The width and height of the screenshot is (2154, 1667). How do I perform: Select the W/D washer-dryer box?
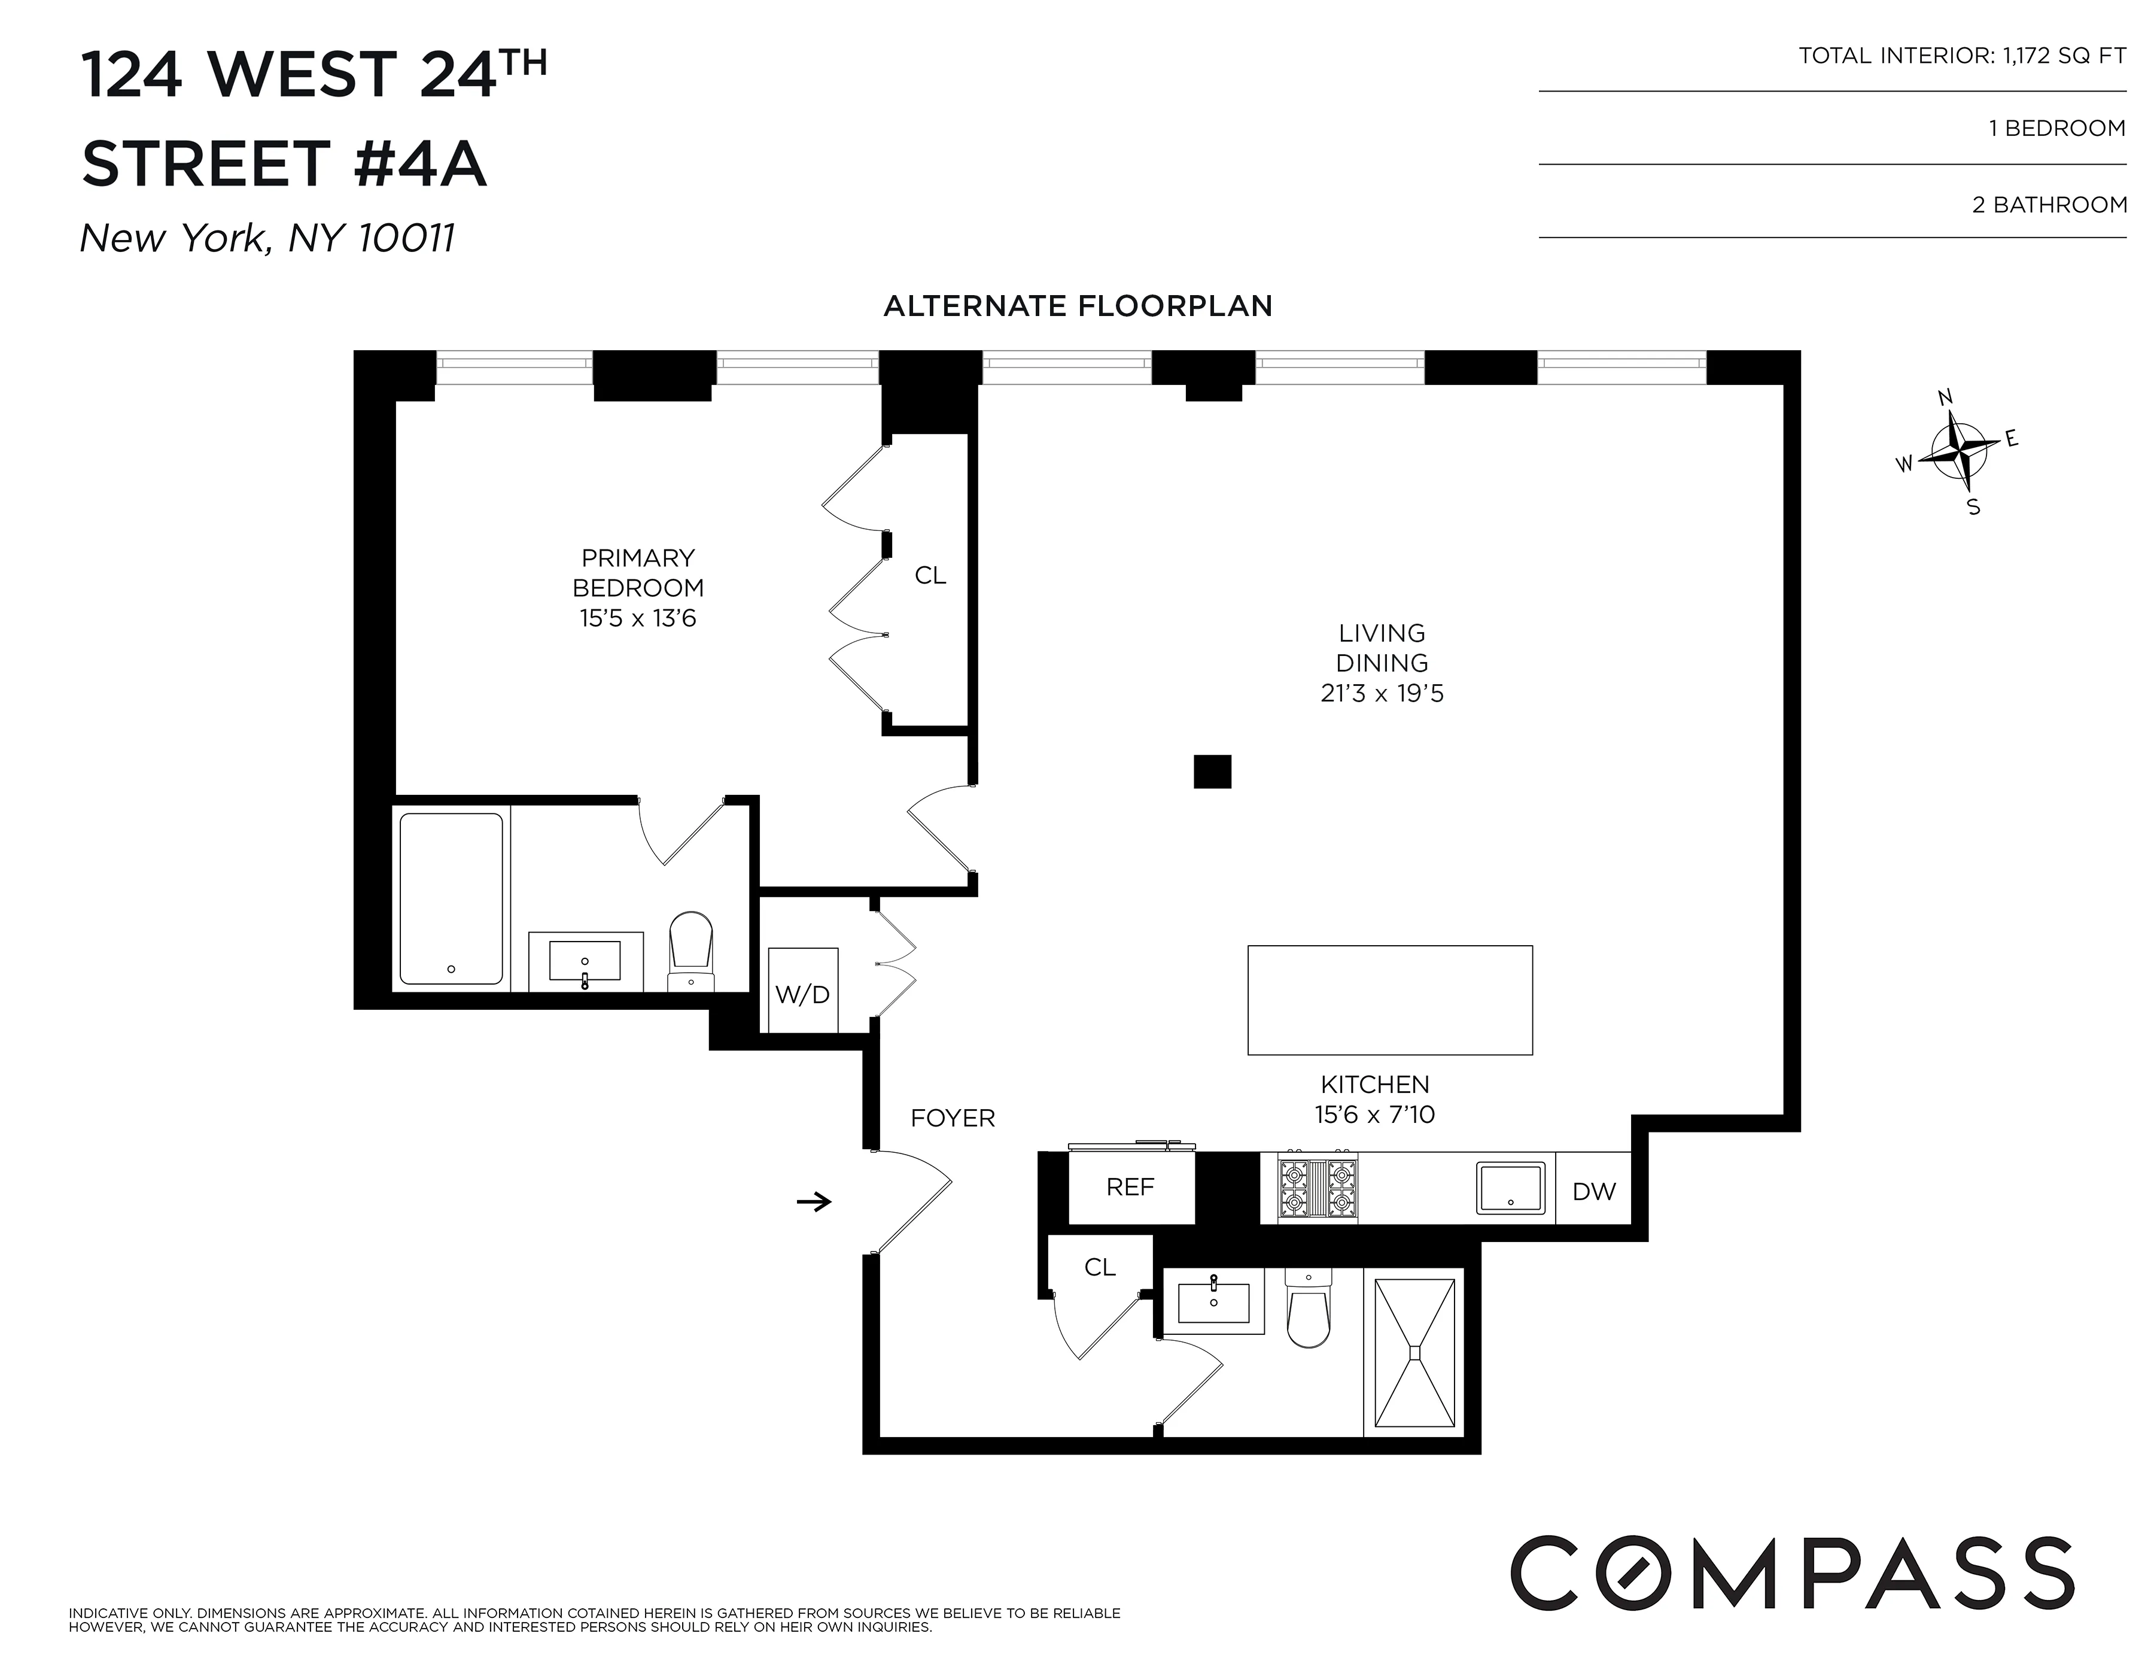click(803, 991)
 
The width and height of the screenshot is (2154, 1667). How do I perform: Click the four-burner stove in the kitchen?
click(1317, 1189)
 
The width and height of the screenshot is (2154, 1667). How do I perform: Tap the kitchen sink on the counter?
click(1510, 1188)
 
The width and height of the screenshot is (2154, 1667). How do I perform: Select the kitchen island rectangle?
click(1390, 999)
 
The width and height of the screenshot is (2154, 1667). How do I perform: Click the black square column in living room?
click(1212, 772)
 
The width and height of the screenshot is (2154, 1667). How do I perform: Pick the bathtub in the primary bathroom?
click(451, 898)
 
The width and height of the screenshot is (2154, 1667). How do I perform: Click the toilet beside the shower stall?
click(1309, 1310)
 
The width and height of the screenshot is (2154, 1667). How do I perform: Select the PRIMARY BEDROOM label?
click(638, 573)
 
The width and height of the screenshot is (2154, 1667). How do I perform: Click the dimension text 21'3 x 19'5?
click(1382, 693)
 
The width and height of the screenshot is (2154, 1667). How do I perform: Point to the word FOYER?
click(952, 1118)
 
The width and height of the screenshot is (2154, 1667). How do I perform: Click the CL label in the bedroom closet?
click(930, 575)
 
